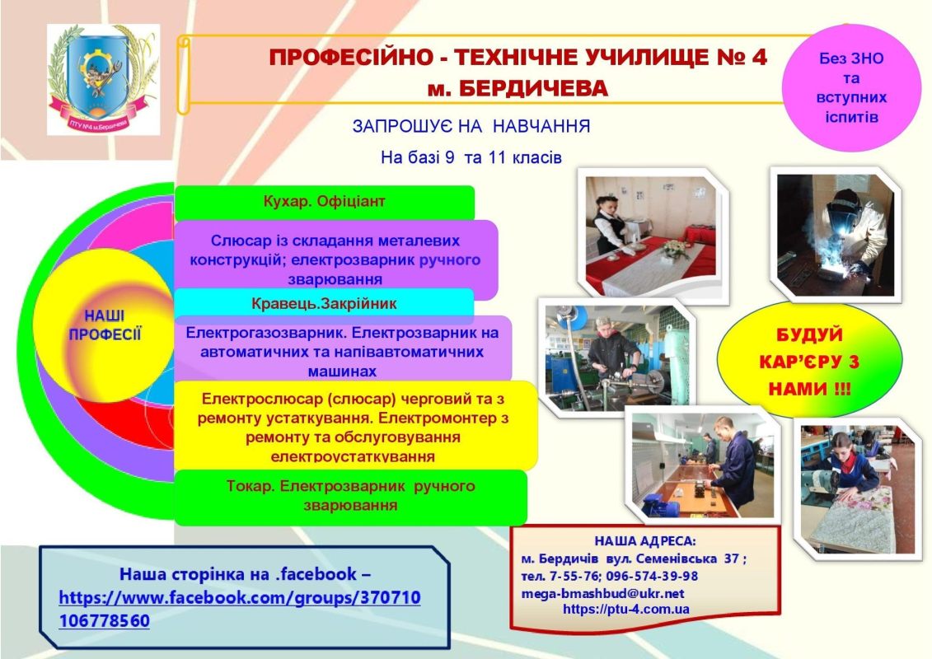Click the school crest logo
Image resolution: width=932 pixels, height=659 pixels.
click(x=104, y=80)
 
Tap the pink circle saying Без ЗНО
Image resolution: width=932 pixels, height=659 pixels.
click(x=851, y=87)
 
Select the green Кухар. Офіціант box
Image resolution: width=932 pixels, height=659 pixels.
click(x=325, y=202)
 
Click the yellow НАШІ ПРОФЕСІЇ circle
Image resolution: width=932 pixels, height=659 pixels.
click(x=104, y=325)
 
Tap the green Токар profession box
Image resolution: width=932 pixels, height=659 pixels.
click(x=351, y=498)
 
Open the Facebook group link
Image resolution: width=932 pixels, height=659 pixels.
click(x=240, y=609)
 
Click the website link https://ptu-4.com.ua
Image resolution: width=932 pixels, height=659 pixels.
click(x=626, y=609)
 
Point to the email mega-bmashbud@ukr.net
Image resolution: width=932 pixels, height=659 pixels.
click(x=602, y=594)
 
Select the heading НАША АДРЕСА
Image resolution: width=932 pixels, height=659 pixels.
click(x=645, y=540)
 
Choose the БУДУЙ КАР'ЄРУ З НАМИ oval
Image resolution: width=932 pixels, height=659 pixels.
click(x=809, y=359)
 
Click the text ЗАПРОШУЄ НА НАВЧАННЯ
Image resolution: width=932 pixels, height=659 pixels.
click(x=471, y=127)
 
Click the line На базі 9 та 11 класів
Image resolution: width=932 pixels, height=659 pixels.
click(x=471, y=157)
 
